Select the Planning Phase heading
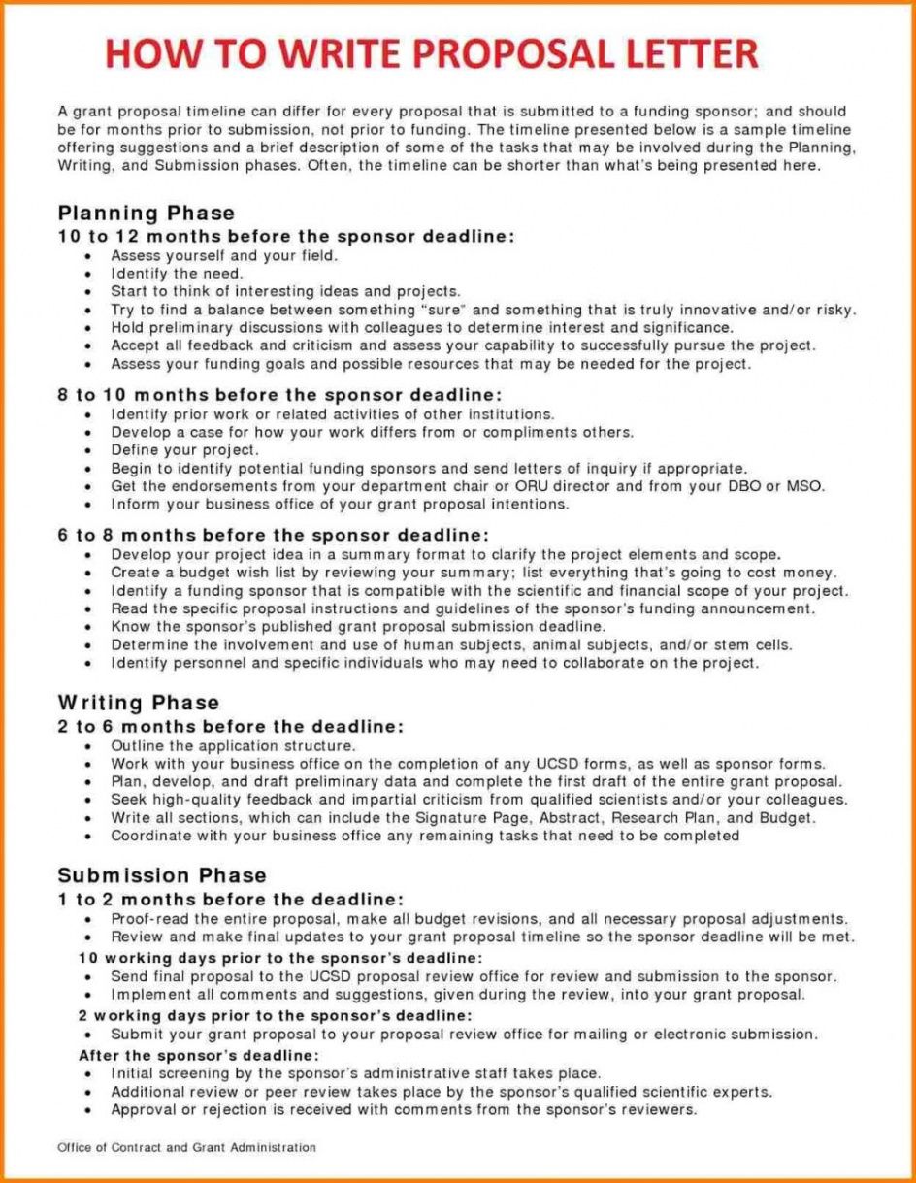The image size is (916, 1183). coord(146,214)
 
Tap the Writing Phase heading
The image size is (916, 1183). coord(139,703)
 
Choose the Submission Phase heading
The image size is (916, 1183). coord(161,876)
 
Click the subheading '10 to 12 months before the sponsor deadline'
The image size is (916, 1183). coord(286,236)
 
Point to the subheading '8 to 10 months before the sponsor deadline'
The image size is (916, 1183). coord(280,395)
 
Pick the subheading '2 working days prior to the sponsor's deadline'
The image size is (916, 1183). coord(276,1015)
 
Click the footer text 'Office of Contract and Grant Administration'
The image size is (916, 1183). coord(186,1147)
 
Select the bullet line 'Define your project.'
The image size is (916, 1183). coord(185,450)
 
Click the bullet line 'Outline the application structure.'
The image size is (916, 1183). coord(234,746)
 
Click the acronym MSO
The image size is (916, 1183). coord(804,486)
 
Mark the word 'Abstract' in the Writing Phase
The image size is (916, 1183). coord(566,817)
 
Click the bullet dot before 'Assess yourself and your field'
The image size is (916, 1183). coord(89,256)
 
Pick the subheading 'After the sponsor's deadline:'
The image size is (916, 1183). coord(199,1055)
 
